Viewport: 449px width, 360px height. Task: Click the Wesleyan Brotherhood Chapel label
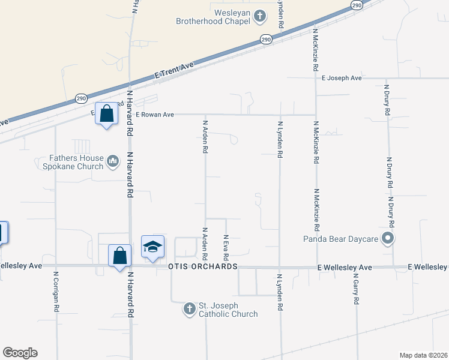(x=212, y=16)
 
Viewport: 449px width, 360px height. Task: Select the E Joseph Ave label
(x=342, y=78)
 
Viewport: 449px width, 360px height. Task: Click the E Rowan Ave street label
(x=154, y=115)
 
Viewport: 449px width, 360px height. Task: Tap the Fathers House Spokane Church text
(x=76, y=162)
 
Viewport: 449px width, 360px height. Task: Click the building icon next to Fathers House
(x=113, y=161)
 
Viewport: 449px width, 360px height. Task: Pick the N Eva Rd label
(x=226, y=247)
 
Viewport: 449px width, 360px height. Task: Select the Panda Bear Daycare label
(x=340, y=239)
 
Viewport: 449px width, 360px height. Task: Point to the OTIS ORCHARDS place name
(x=203, y=266)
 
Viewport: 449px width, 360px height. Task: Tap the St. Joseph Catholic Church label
(x=228, y=310)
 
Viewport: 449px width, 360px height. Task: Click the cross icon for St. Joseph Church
(x=189, y=309)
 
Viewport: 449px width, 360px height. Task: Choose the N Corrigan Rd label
(x=55, y=291)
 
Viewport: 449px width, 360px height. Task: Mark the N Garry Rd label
(x=355, y=291)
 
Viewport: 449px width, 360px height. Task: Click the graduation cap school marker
(x=152, y=246)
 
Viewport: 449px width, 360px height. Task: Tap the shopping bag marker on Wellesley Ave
(x=120, y=254)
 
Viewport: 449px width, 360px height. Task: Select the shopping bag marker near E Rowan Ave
(x=106, y=113)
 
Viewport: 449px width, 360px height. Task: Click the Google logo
(x=20, y=353)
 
